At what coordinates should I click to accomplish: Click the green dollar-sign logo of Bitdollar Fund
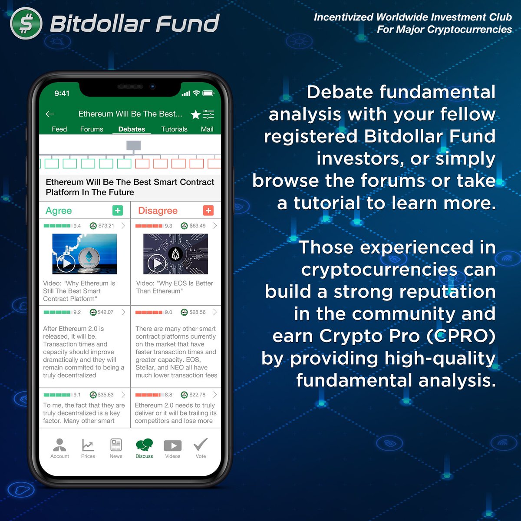tap(26, 23)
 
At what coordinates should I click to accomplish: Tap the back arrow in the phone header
tap(50, 114)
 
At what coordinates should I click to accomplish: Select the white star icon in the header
tap(195, 115)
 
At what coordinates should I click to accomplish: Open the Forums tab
tap(92, 129)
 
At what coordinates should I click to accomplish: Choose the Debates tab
tap(132, 129)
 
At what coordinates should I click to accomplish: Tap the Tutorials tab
tap(174, 129)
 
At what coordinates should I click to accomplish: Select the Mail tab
tap(207, 129)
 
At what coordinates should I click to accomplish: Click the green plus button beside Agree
tap(117, 211)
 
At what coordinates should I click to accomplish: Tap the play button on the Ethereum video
tap(66, 263)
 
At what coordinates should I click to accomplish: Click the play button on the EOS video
tap(157, 263)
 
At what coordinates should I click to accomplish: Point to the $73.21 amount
tap(106, 226)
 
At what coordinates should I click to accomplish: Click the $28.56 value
tap(198, 312)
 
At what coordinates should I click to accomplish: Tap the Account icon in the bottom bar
tap(59, 445)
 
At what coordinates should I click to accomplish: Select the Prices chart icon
tap(88, 445)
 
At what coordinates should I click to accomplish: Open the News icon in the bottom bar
tap(116, 445)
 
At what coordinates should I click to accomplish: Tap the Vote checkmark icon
tap(201, 445)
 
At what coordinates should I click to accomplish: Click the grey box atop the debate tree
tap(133, 145)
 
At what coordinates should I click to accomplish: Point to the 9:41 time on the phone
tap(62, 93)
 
